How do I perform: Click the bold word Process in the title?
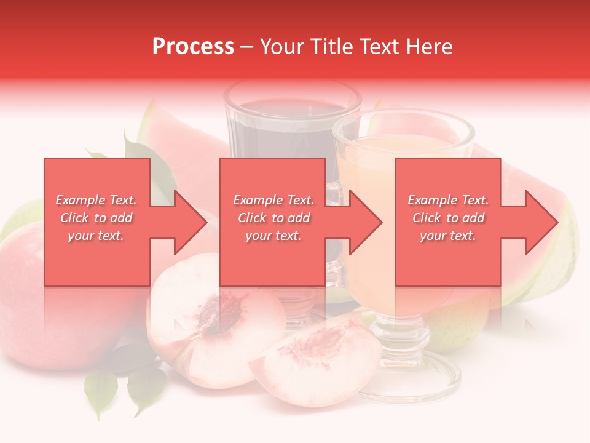point(193,47)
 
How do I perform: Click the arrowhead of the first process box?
point(191,222)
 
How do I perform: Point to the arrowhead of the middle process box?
point(366,222)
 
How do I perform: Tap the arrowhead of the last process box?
point(541,222)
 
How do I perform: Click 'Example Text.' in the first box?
point(96,200)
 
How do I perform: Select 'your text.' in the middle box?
point(273,236)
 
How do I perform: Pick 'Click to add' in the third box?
point(448,218)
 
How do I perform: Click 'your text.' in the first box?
point(96,236)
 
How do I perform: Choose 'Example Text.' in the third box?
point(448,200)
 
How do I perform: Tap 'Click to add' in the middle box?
point(273,218)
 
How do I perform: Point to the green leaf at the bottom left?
point(101,388)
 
